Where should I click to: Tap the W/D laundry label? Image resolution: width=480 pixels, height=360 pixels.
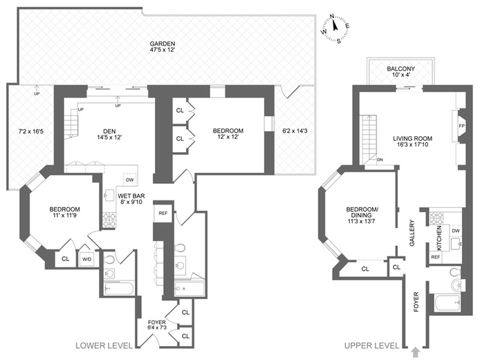87,259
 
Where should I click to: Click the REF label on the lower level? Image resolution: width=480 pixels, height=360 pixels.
163,213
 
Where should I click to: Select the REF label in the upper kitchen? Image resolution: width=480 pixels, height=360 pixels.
436,256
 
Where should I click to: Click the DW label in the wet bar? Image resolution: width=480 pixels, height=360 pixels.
129,180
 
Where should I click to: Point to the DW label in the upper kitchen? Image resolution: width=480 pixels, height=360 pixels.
455,231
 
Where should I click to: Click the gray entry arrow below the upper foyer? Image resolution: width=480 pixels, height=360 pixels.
414,351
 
